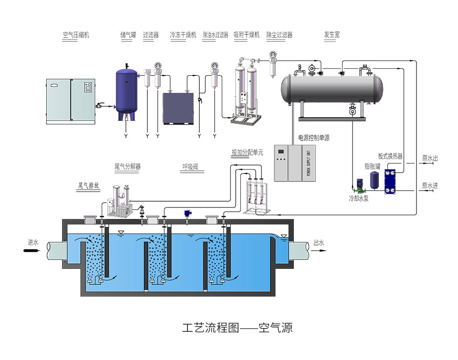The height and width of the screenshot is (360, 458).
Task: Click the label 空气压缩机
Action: pyautogui.click(x=76, y=35)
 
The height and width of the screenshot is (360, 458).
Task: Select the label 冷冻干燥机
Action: pyautogui.click(x=183, y=35)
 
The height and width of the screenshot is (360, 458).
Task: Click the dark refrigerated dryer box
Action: pyautogui.click(x=178, y=108)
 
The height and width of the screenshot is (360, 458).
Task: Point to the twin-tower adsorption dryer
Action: pyautogui.click(x=247, y=91)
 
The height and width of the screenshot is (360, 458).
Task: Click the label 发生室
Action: pyautogui.click(x=332, y=35)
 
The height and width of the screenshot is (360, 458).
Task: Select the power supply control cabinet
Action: pyautogui.click(x=295, y=163)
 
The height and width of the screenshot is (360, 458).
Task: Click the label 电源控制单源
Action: pyautogui.click(x=314, y=138)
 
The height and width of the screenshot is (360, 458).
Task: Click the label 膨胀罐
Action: pyautogui.click(x=372, y=166)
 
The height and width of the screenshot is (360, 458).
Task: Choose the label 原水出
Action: pyautogui.click(x=429, y=158)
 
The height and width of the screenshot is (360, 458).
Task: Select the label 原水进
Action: pyautogui.click(x=429, y=185)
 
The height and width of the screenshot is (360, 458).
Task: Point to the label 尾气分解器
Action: pyautogui.click(x=127, y=167)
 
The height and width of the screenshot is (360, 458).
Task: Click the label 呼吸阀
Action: pyautogui.click(x=189, y=167)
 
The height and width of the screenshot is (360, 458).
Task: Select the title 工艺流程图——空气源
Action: pyautogui.click(x=237, y=328)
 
